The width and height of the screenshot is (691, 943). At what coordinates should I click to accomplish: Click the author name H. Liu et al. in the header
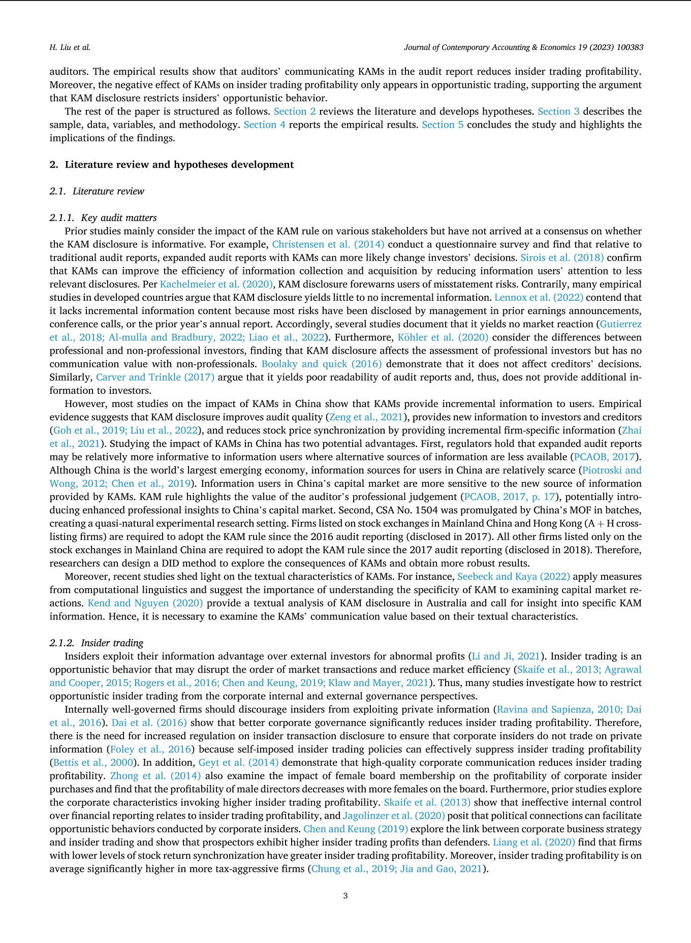coord(70,47)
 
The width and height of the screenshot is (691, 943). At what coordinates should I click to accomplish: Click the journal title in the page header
coord(523,47)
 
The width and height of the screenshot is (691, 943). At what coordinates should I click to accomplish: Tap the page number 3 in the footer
coord(345,895)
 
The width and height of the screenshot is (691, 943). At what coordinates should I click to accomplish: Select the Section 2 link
coord(295,111)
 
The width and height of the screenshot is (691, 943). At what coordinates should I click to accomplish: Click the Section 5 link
coord(443,124)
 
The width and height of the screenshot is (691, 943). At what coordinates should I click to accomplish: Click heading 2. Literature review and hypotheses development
coord(172,165)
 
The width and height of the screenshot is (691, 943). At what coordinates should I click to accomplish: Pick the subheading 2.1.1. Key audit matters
coord(103,217)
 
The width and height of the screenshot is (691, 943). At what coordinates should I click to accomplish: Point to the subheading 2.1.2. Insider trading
coord(97,643)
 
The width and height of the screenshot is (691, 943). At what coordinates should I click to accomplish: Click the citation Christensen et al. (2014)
coord(328,244)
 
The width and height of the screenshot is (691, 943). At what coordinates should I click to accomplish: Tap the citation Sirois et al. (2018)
coord(562,258)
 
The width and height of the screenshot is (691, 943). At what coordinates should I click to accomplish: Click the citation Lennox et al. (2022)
coord(539,297)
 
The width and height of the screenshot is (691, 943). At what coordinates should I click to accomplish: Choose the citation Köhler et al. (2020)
coord(443,337)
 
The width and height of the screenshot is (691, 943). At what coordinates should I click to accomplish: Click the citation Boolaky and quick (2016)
coord(322,364)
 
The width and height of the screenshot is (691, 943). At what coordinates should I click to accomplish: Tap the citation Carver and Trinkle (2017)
coord(155,377)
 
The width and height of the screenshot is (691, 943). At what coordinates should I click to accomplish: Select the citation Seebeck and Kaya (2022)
coord(514,577)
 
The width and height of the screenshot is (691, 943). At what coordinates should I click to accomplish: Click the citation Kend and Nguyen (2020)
coord(145,603)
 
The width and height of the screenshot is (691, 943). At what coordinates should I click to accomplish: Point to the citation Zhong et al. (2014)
coord(155,776)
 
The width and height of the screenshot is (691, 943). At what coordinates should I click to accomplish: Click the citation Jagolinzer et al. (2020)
coord(394,815)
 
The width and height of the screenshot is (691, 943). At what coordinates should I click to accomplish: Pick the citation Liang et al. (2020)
coord(534,842)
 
